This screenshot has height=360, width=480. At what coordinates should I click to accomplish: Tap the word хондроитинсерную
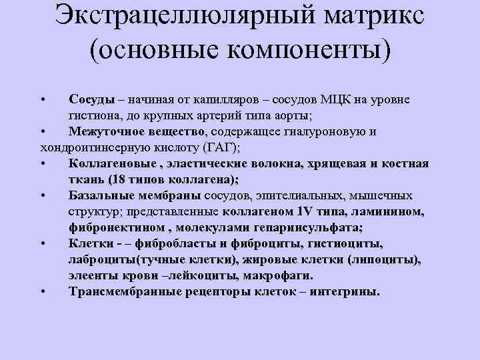[x=93, y=147]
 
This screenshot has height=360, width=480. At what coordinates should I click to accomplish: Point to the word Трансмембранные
[x=126, y=291]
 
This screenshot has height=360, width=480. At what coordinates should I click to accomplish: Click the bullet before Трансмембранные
[x=42, y=291]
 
